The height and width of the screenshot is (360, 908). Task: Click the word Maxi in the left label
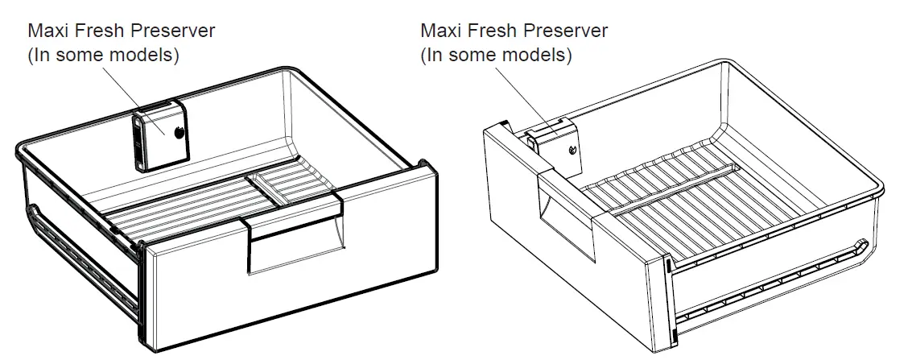47,31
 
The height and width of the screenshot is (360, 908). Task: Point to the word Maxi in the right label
440,31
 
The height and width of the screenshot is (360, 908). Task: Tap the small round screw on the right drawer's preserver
571,150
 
